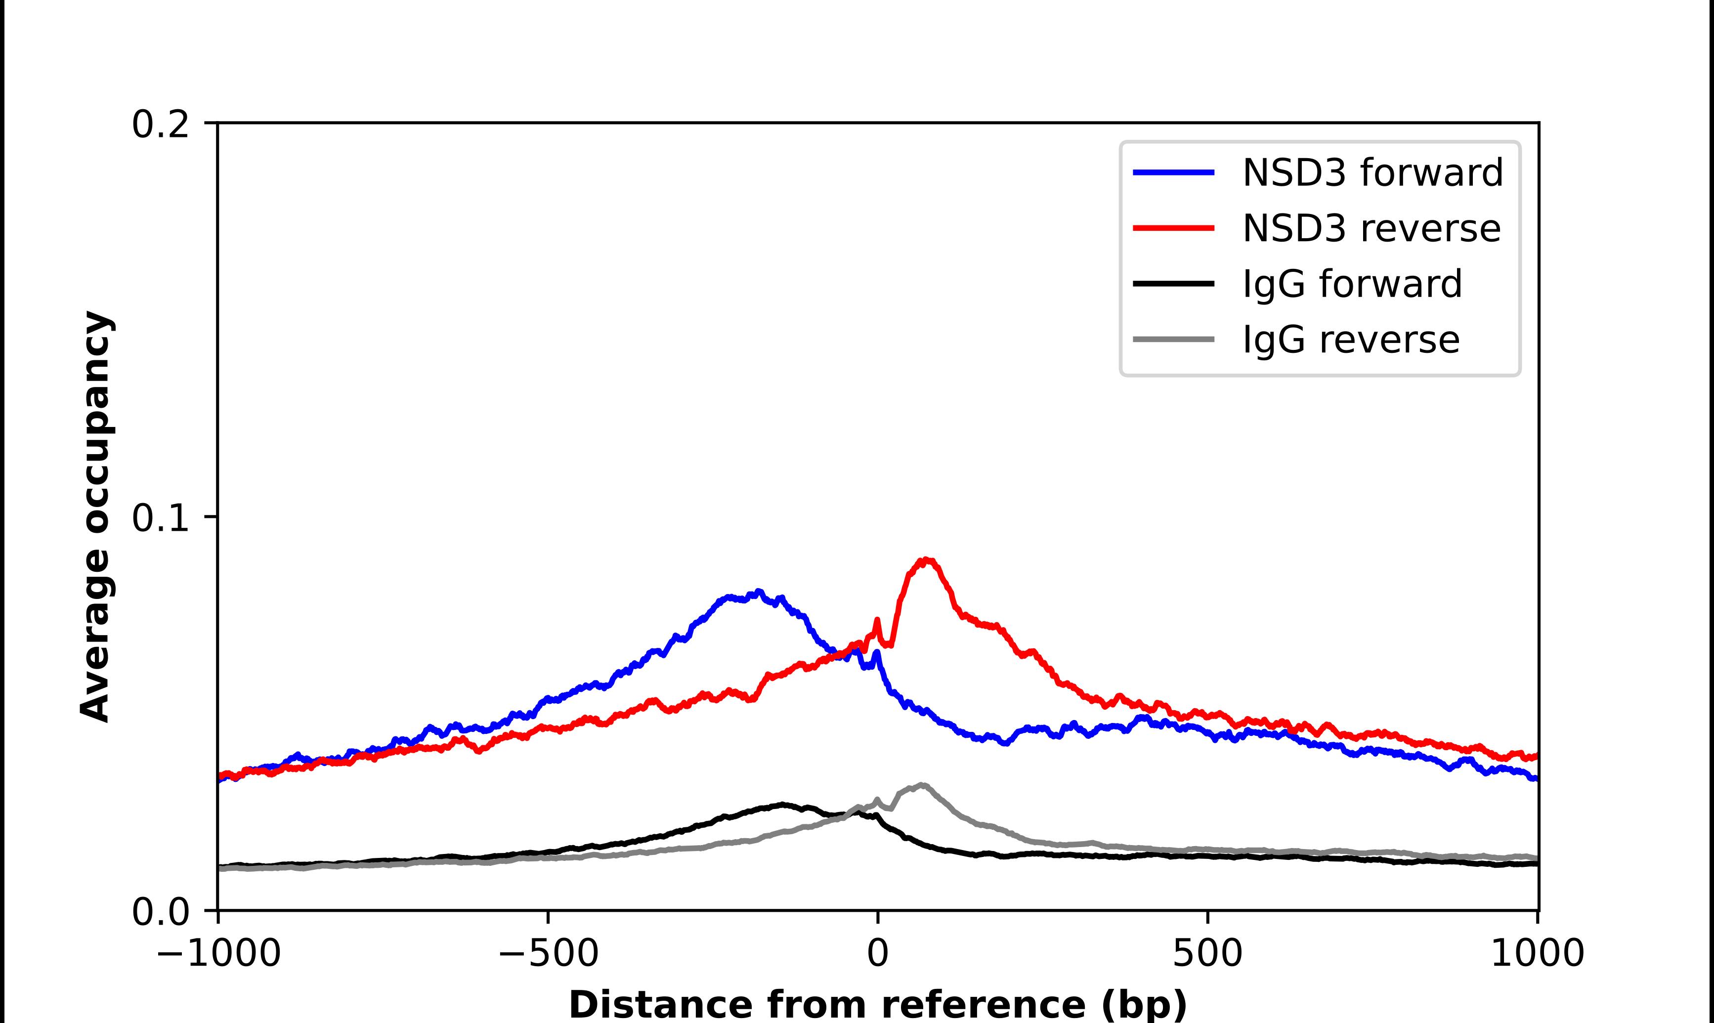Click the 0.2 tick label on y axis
click(160, 125)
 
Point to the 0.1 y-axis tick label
click(160, 518)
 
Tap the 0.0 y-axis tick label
click(160, 912)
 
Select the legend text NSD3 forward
click(1372, 172)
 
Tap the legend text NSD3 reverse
click(1371, 228)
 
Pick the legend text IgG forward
click(1352, 284)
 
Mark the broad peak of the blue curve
click(758, 592)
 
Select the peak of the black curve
click(782, 805)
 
